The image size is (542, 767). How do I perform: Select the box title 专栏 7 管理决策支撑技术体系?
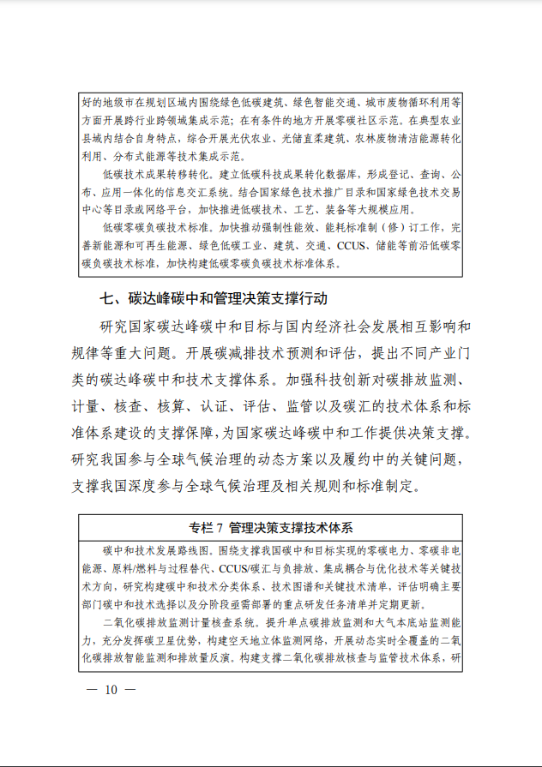(271, 526)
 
